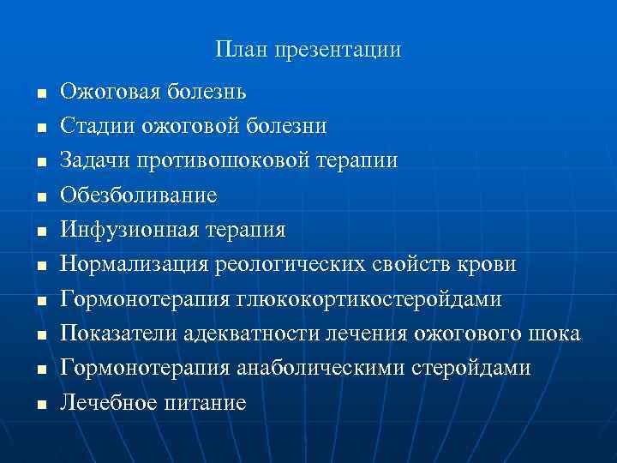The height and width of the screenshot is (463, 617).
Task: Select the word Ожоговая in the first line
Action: tap(109, 92)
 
